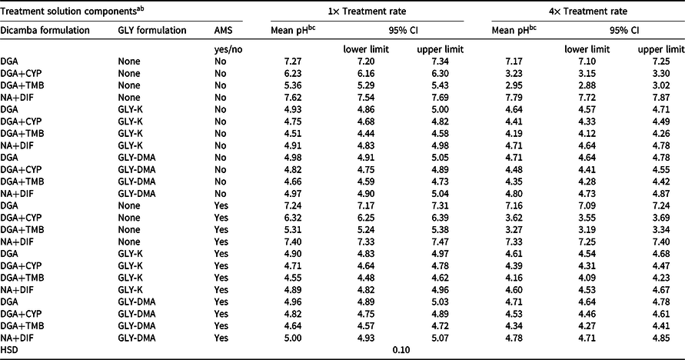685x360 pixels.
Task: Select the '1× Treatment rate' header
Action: (x=367, y=12)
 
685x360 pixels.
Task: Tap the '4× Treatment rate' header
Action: (x=588, y=12)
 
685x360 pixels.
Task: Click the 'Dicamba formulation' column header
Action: (x=45, y=30)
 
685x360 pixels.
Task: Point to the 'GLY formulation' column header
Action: (x=152, y=30)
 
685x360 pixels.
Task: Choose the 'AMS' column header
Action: (x=224, y=30)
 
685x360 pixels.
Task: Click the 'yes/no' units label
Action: (x=228, y=50)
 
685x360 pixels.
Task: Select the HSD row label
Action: (x=9, y=350)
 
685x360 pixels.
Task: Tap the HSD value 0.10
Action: (x=401, y=350)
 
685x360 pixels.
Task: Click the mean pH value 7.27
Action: (x=292, y=62)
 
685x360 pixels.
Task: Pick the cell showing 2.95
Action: (x=514, y=85)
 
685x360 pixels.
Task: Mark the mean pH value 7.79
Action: (x=514, y=98)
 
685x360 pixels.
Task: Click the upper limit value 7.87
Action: (x=660, y=98)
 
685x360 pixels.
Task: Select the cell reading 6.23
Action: (x=292, y=73)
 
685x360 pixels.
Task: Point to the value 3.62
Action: (x=514, y=218)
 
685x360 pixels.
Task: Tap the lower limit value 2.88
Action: (x=587, y=85)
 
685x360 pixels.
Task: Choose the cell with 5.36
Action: (x=292, y=85)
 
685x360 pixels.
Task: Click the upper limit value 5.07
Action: (x=440, y=338)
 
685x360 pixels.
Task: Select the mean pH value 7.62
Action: (x=292, y=98)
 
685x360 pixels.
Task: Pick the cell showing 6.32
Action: (x=292, y=218)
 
